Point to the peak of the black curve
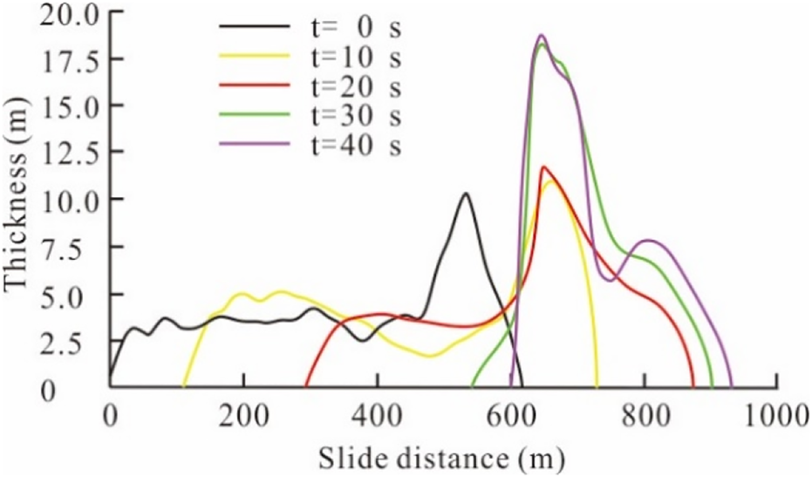click(466, 194)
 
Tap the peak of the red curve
click(543, 167)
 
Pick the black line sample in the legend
click(253, 25)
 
